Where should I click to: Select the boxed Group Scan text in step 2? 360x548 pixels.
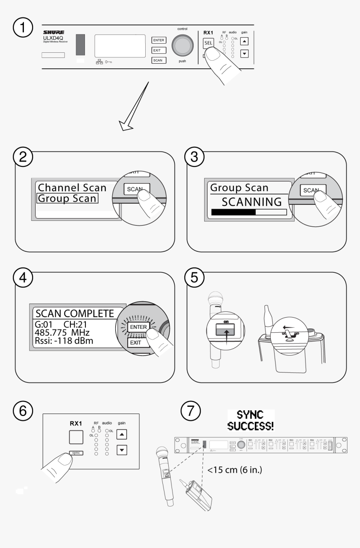[x=67, y=198]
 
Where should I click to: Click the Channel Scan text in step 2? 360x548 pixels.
[x=71, y=187]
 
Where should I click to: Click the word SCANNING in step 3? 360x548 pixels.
[x=252, y=202]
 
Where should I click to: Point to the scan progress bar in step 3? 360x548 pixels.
[x=249, y=212]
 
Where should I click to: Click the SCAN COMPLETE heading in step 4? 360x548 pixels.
[x=75, y=313]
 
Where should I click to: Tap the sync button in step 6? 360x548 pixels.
[x=76, y=452]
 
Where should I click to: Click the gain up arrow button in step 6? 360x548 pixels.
[x=121, y=435]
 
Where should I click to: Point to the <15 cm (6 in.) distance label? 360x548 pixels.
[x=234, y=470]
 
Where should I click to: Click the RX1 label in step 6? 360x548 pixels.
[x=76, y=424]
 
